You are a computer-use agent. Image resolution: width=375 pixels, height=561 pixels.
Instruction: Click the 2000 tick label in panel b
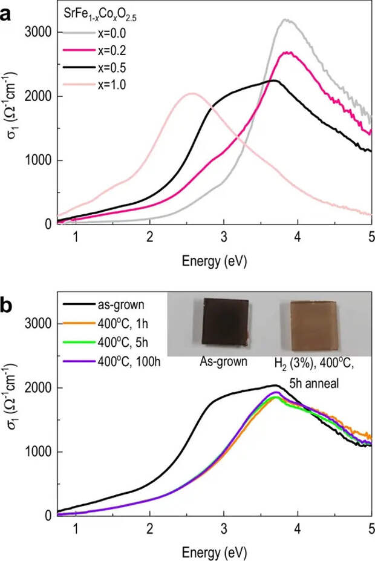(37, 388)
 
